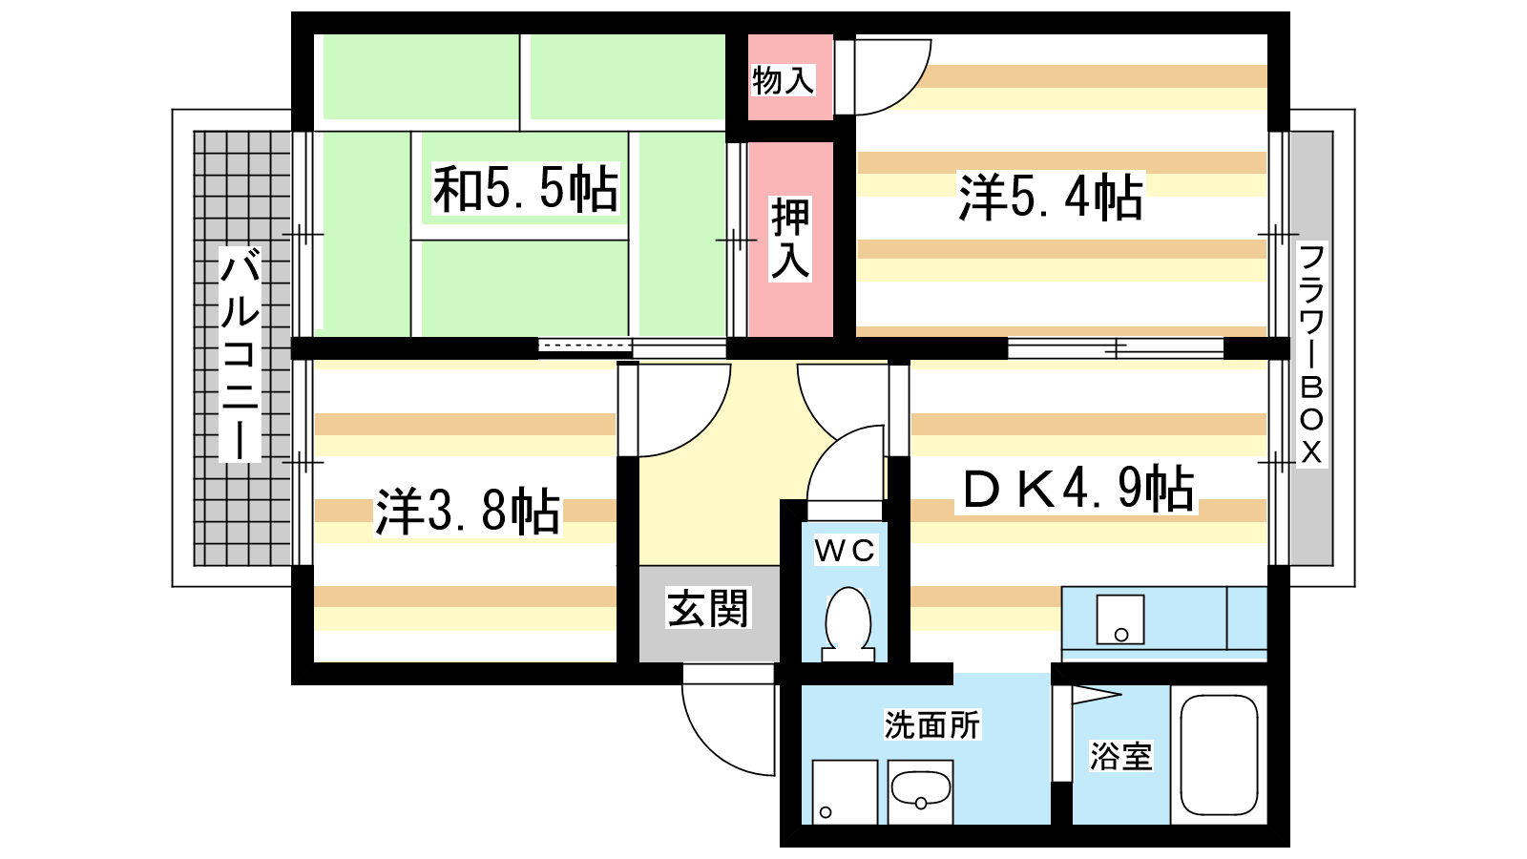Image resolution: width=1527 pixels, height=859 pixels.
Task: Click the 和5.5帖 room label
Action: pyautogui.click(x=526, y=189)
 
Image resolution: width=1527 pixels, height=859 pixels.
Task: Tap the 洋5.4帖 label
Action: pyautogui.click(x=1051, y=197)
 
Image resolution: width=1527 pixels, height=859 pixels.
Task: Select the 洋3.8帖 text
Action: pyautogui.click(x=468, y=511)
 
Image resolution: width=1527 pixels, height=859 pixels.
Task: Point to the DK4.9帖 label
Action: pyautogui.click(x=1077, y=489)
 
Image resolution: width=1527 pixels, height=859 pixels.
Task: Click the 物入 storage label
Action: pyautogui.click(x=783, y=80)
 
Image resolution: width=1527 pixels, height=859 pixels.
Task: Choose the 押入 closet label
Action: pyautogui.click(x=790, y=239)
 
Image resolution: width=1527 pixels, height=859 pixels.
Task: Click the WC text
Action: pyautogui.click(x=845, y=551)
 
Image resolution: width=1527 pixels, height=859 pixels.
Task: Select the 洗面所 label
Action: pyautogui.click(x=931, y=724)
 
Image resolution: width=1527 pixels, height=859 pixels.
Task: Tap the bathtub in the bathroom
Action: pyautogui.click(x=1219, y=755)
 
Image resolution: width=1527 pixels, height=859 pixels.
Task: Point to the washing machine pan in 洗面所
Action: pyautogui.click(x=845, y=792)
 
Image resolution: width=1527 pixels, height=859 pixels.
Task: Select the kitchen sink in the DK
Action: pyautogui.click(x=1120, y=619)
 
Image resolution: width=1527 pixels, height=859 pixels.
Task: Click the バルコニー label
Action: pyautogui.click(x=240, y=354)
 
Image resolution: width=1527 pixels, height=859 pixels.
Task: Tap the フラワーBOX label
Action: pyautogui.click(x=1311, y=354)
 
